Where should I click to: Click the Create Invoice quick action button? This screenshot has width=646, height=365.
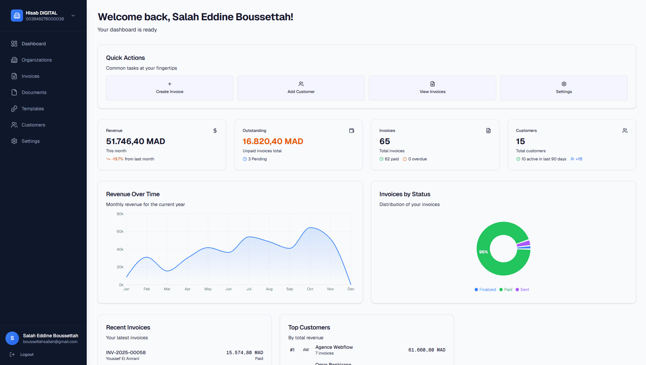169,88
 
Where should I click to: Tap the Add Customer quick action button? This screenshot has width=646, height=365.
301,88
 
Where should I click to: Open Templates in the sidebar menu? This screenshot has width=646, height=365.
33,109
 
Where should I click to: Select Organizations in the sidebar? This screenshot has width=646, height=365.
37,60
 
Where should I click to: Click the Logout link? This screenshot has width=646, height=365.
26,355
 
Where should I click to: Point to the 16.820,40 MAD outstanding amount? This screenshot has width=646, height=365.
273,141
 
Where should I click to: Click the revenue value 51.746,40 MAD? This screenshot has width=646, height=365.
136,141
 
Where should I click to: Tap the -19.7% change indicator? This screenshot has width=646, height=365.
117,159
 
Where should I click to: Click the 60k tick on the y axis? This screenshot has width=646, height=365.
120,232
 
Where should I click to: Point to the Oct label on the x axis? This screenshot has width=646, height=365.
310,289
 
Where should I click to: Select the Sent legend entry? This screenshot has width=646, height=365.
524,290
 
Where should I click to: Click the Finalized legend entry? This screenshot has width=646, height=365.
487,290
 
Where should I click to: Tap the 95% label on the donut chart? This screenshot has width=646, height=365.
483,252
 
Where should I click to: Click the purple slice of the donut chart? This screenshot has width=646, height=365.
524,243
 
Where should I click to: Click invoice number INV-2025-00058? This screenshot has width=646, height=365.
126,352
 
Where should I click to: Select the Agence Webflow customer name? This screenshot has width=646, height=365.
334,347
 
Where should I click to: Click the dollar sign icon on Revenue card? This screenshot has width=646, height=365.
215,131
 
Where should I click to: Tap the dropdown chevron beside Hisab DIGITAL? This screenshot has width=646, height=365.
73,16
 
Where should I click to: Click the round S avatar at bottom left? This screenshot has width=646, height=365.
12,338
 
